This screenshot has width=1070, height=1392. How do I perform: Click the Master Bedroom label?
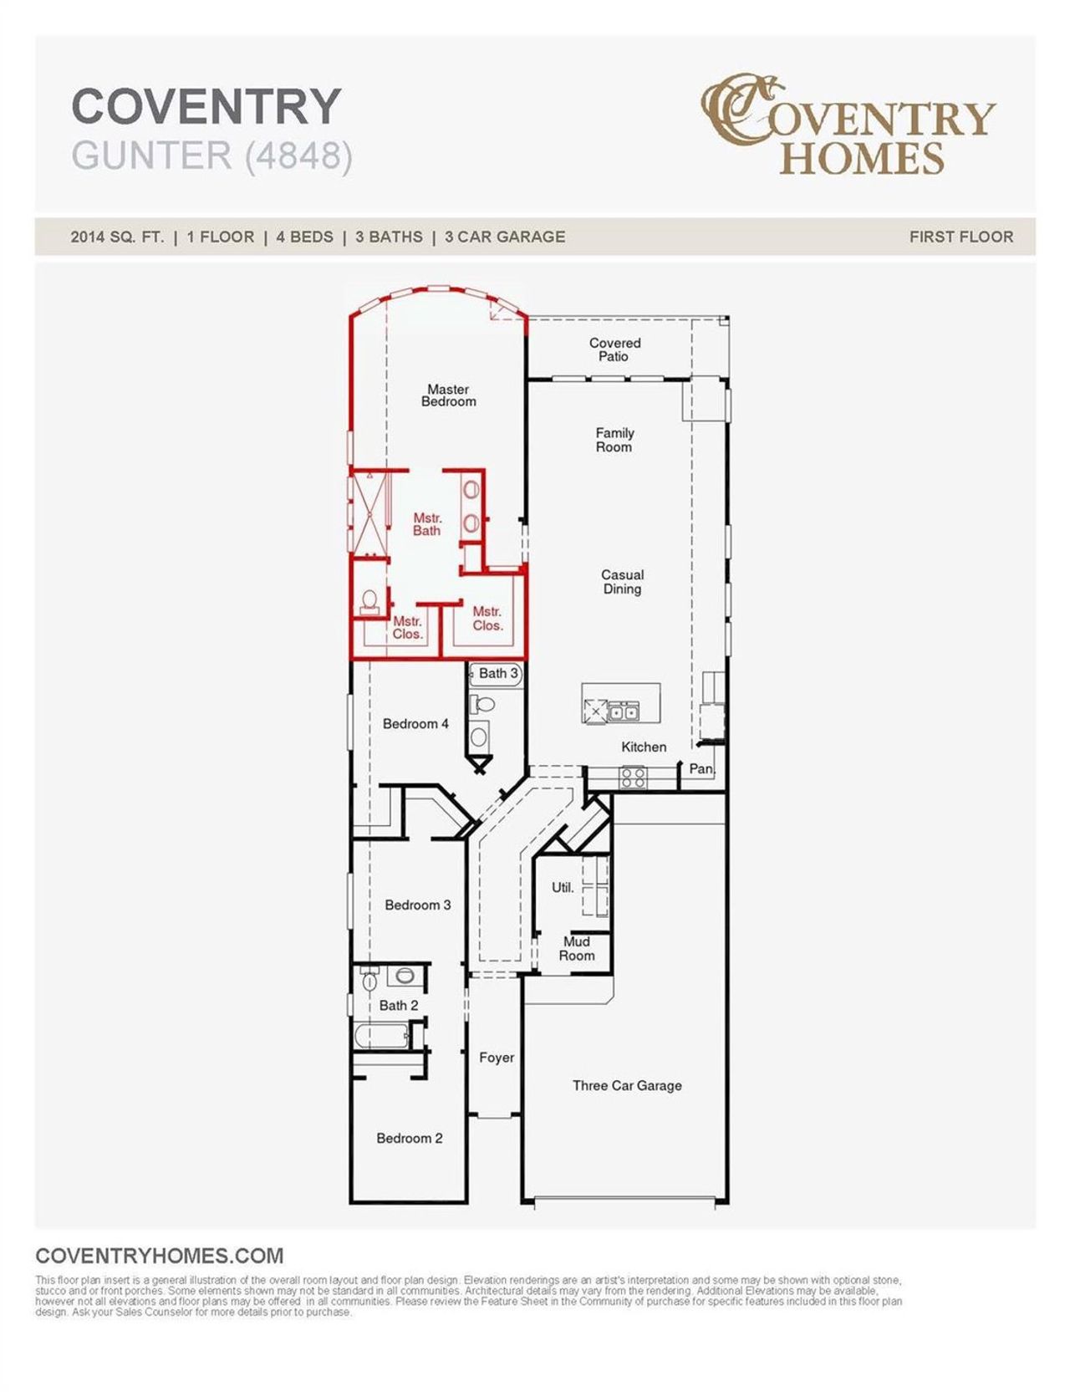[x=448, y=395]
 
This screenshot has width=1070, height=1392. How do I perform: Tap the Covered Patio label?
[x=614, y=349]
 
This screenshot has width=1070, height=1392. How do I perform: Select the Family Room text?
[x=614, y=440]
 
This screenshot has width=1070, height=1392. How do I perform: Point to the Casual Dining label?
[x=622, y=582]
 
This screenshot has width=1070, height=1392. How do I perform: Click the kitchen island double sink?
[x=624, y=712]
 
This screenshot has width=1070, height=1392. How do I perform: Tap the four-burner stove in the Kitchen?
[x=633, y=778]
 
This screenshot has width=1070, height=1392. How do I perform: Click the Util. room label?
[x=563, y=888]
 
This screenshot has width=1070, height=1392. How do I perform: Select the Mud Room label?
[x=577, y=949]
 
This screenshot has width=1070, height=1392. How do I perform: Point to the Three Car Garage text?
[x=627, y=1085]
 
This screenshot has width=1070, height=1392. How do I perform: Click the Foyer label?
[x=497, y=1058]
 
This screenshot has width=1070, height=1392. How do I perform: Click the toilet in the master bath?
[x=369, y=602]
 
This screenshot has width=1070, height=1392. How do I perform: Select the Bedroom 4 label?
[x=415, y=724]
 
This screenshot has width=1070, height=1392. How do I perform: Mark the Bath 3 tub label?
[x=498, y=673]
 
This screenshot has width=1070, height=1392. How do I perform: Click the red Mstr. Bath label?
[x=426, y=524]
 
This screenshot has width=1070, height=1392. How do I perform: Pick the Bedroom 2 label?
[x=409, y=1138]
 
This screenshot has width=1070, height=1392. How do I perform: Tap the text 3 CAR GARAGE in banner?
[x=505, y=237]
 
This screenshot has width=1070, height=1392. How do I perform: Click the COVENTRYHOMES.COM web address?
[x=160, y=1256]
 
